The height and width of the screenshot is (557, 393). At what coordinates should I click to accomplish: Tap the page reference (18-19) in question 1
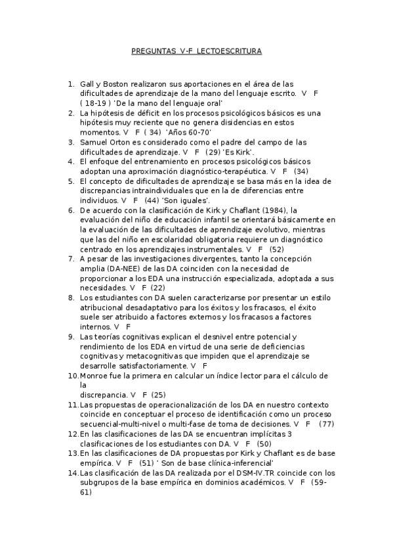point(95,103)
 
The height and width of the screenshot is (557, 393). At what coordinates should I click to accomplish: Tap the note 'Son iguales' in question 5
point(186,200)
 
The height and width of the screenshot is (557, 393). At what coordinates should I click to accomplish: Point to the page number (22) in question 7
point(158,288)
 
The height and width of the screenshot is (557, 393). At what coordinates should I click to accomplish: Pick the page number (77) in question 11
point(327,424)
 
